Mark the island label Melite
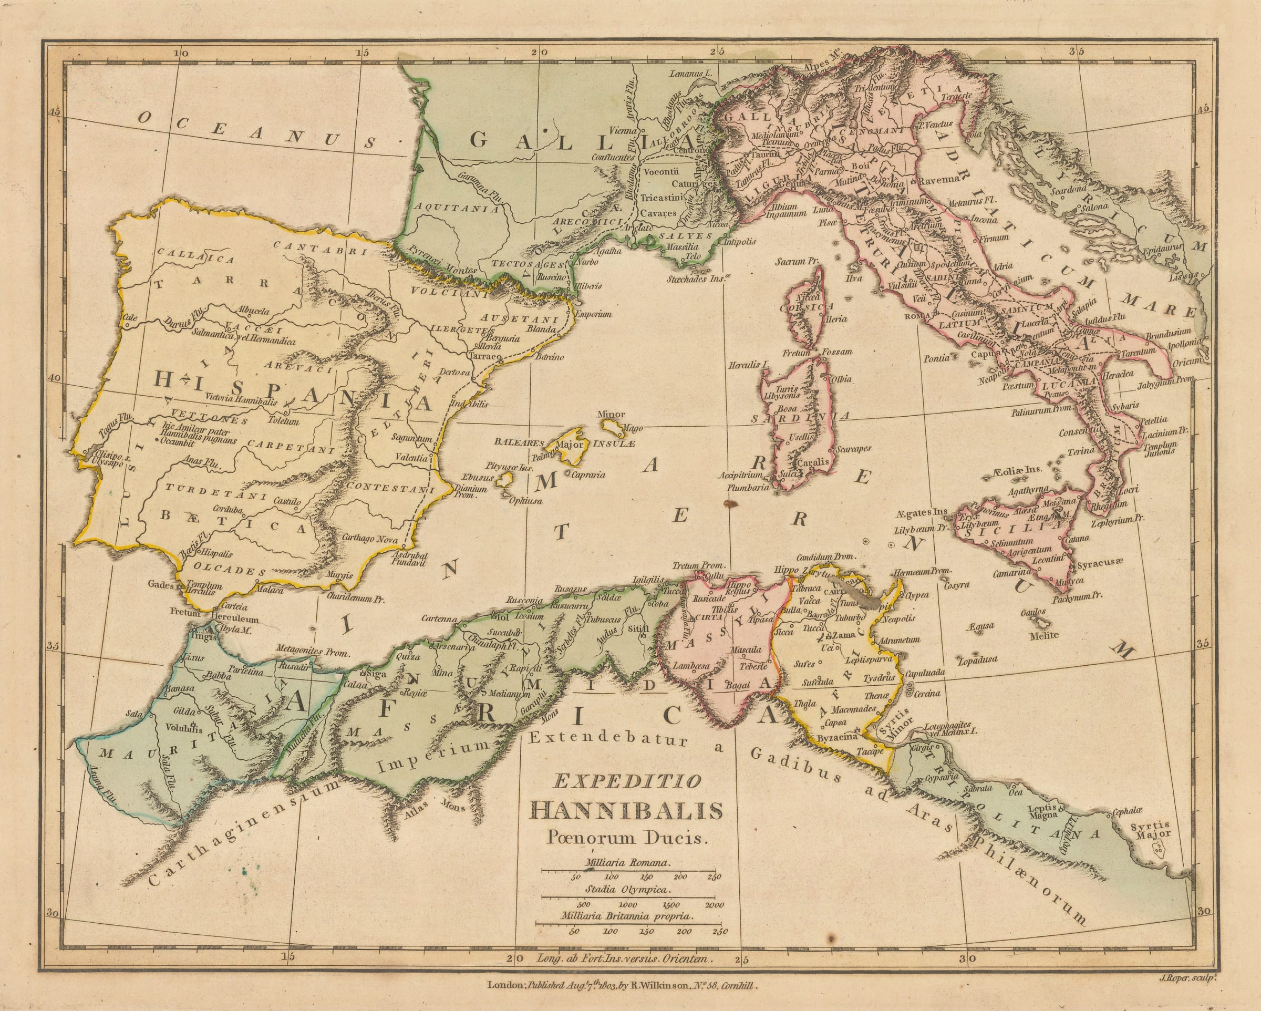pos(1045,635)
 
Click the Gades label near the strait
pos(161,584)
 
